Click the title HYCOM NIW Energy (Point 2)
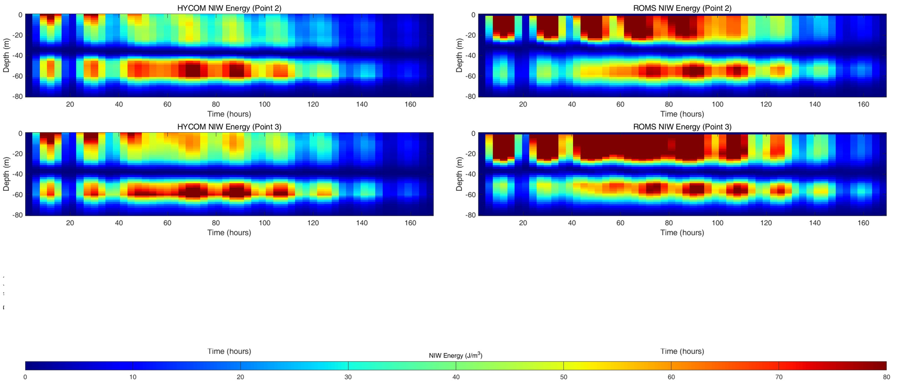coord(229,8)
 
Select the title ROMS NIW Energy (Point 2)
coord(682,8)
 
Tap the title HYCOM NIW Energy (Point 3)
coord(229,126)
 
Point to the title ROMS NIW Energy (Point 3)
coord(682,126)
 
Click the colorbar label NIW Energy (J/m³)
coord(455,355)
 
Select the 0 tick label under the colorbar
coord(25,377)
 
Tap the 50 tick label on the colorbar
coord(563,377)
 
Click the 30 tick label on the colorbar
coord(348,377)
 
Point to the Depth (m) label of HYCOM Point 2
coord(6,55)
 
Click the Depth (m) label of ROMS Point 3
coord(459,174)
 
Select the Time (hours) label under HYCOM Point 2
coord(229,114)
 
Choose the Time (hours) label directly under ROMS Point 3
coord(682,233)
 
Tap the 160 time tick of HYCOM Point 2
coord(410,105)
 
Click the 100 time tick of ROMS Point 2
coord(717,105)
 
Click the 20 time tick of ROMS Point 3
coord(523,223)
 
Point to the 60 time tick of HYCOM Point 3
coord(167,223)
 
